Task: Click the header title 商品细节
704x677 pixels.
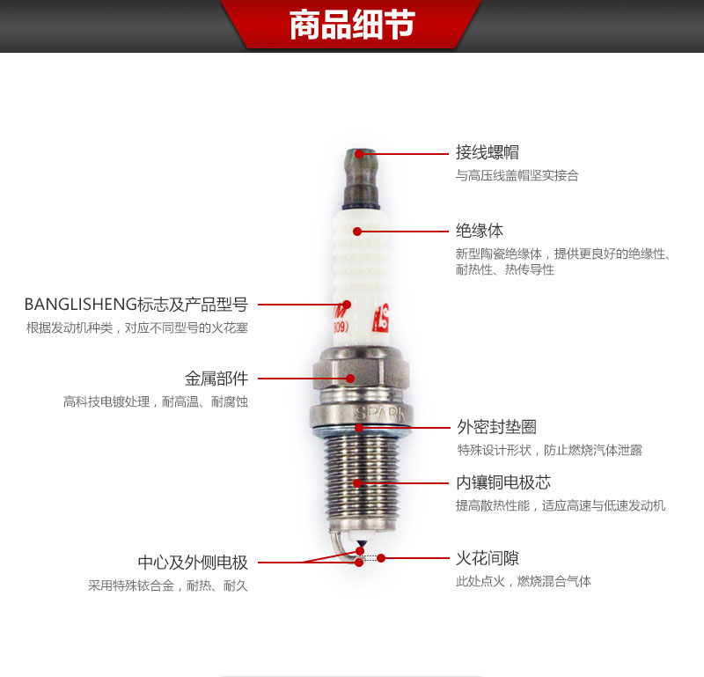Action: pos(352,25)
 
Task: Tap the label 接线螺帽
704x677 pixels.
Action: pos(488,152)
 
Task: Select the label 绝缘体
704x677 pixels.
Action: pos(480,231)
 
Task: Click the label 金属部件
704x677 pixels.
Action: pos(216,379)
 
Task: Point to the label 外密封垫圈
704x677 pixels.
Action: pos(496,427)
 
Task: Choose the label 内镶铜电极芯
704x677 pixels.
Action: pos(503,482)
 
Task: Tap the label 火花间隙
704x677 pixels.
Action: pos(488,558)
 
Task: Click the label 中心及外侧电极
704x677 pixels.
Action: pos(193,562)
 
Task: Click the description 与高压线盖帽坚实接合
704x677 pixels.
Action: pos(517,175)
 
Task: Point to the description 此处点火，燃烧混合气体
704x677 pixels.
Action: pos(524,581)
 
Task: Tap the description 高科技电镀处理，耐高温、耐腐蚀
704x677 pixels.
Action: pos(156,401)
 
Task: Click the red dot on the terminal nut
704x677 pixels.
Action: pos(359,154)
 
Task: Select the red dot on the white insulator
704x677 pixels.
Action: pos(357,232)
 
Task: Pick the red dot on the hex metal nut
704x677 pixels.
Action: pos(350,379)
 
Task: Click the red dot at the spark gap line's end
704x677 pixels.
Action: pos(381,558)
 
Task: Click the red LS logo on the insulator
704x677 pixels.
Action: pos(381,318)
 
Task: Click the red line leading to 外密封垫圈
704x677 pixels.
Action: pos(404,428)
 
